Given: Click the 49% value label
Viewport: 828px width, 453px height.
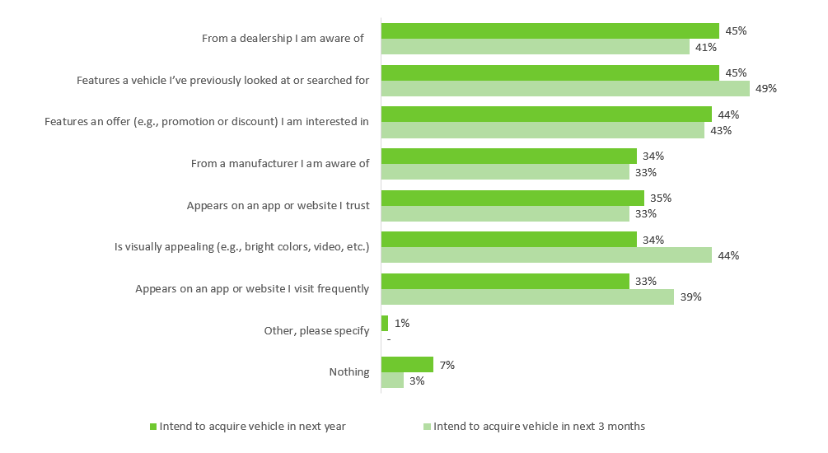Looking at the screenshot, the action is pos(765,89).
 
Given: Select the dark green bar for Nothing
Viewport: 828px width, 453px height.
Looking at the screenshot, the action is pos(407,364).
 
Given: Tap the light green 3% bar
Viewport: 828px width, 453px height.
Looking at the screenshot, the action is pos(392,381).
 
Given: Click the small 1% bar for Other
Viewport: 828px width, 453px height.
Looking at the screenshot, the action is pos(385,323).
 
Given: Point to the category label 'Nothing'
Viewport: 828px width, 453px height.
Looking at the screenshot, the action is pos(349,371).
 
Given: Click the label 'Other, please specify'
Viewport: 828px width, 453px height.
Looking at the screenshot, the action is pos(316,331).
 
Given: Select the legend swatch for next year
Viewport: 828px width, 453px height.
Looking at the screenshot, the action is pos(153,427).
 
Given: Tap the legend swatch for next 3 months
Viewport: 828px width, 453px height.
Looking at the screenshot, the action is pos(428,427).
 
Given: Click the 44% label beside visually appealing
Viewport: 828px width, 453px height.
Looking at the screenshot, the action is pos(728,255).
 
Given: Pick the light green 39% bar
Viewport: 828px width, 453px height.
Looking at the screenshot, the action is pos(527,297).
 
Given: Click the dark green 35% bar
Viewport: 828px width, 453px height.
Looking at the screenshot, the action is pos(512,198).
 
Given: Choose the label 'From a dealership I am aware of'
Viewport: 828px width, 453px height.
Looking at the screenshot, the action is pos(283,39).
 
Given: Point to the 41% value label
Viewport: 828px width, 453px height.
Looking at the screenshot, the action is pos(706,48).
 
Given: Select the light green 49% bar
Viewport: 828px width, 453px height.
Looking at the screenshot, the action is pos(565,89).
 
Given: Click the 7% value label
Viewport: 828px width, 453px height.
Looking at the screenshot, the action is pos(447,365).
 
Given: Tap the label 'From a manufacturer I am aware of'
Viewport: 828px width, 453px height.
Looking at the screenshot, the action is pos(280,164).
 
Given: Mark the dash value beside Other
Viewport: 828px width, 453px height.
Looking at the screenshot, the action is pos(389,339).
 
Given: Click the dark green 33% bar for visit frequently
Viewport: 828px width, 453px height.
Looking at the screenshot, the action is pos(505,282).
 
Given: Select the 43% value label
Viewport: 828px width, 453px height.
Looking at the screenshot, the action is pos(721,130).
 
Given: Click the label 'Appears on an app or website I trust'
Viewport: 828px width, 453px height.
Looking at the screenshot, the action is pos(278,205).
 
